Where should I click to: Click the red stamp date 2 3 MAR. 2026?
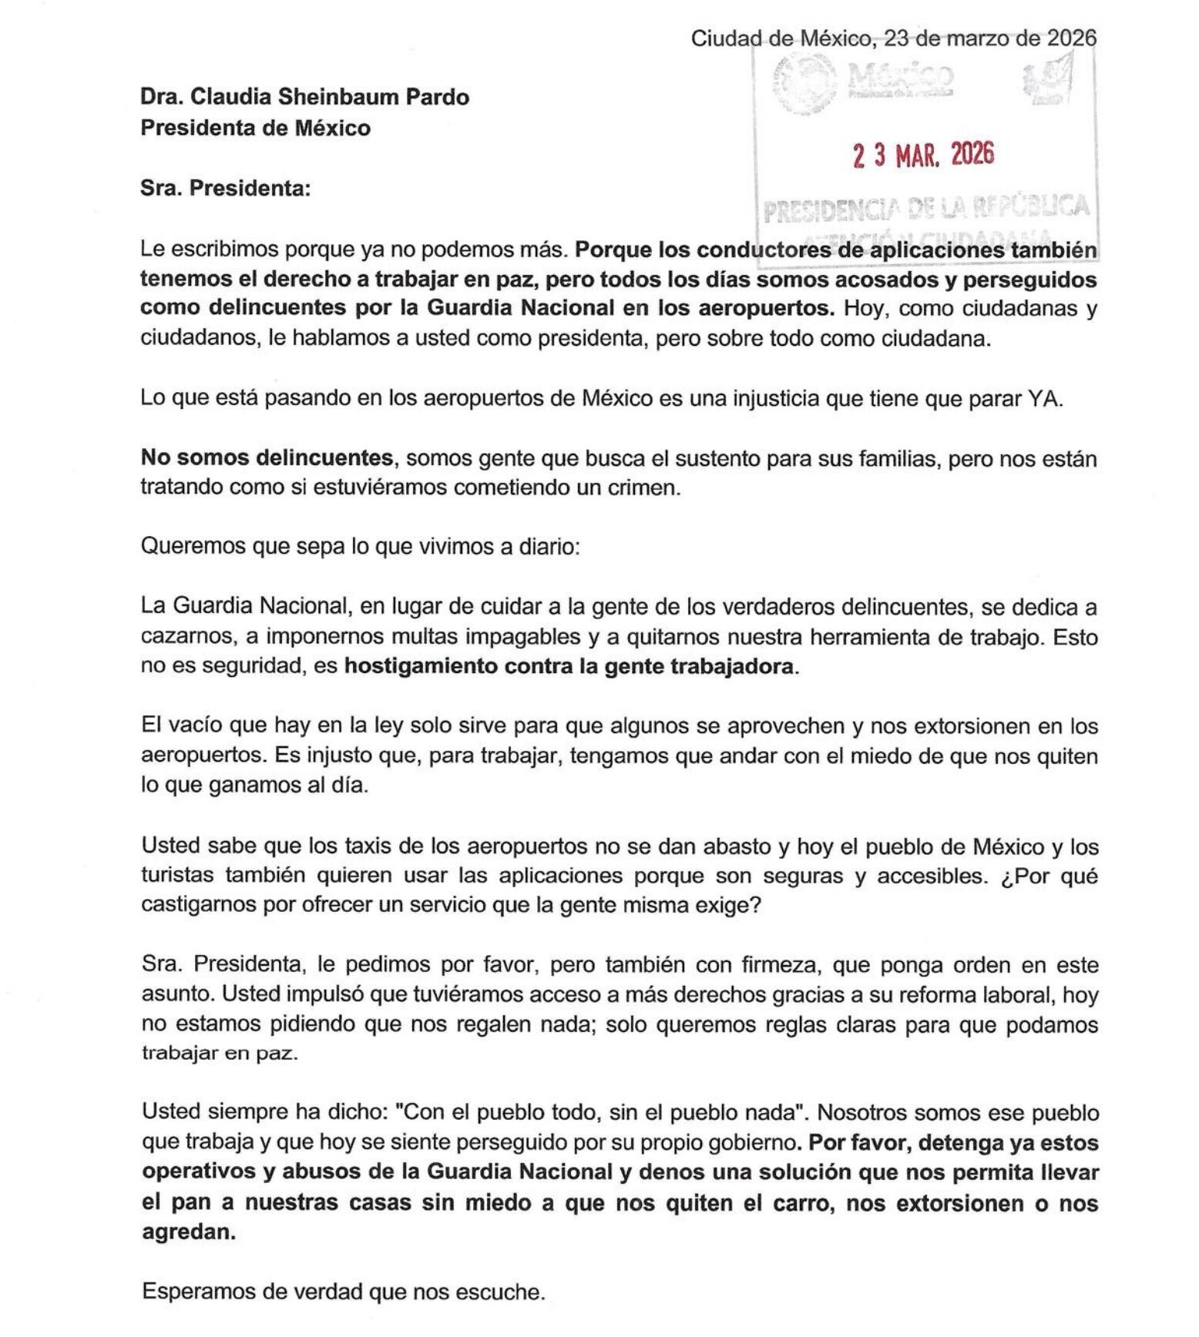pyautogui.click(x=923, y=156)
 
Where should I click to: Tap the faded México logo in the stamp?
pyautogui.click(x=899, y=77)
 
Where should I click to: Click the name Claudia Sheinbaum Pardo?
pyautogui.click(x=330, y=97)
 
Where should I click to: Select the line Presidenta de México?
pyautogui.click(x=255, y=128)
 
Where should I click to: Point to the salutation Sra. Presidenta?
pyautogui.click(x=225, y=188)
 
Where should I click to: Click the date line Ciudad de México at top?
pyautogui.click(x=892, y=38)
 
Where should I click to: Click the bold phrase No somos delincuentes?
pyautogui.click(x=267, y=458)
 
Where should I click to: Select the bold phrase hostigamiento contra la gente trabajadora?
pyautogui.click(x=568, y=666)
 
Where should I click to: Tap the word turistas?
pyautogui.click(x=176, y=876)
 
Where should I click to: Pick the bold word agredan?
pyautogui.click(x=188, y=1232)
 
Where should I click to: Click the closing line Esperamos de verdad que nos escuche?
pyautogui.click(x=344, y=1292)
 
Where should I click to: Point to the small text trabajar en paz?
pyautogui.click(x=220, y=1054)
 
